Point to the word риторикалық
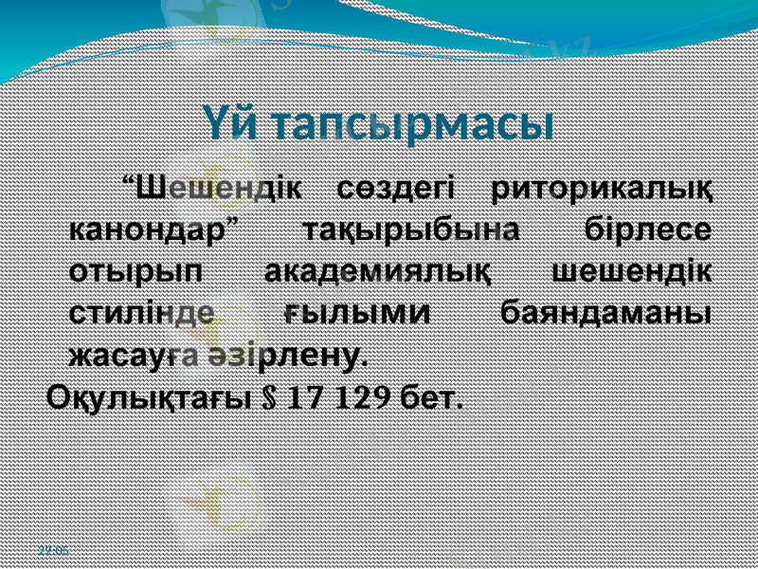(605, 187)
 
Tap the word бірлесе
(649, 229)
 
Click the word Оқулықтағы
(147, 395)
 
